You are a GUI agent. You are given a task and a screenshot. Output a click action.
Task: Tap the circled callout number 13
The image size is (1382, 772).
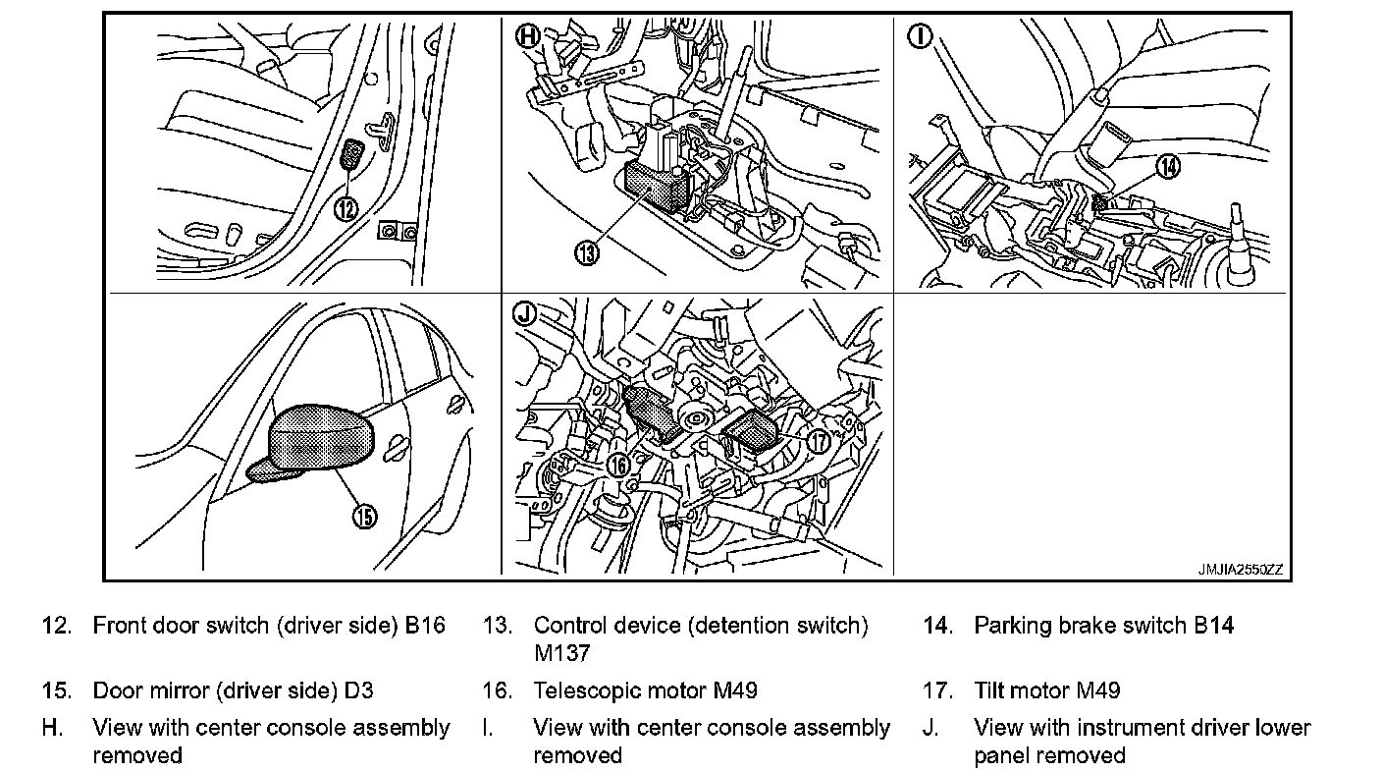point(586,252)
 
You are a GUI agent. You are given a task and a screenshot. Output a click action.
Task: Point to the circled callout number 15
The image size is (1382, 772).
point(364,515)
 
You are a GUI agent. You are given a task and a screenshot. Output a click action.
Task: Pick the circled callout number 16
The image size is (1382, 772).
point(617,465)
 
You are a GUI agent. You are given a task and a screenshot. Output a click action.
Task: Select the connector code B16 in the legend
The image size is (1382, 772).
point(425,626)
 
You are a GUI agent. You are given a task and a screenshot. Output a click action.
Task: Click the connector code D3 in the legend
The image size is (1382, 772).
point(359,690)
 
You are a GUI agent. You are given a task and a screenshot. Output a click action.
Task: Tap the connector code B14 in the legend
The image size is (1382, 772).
point(1214,626)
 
